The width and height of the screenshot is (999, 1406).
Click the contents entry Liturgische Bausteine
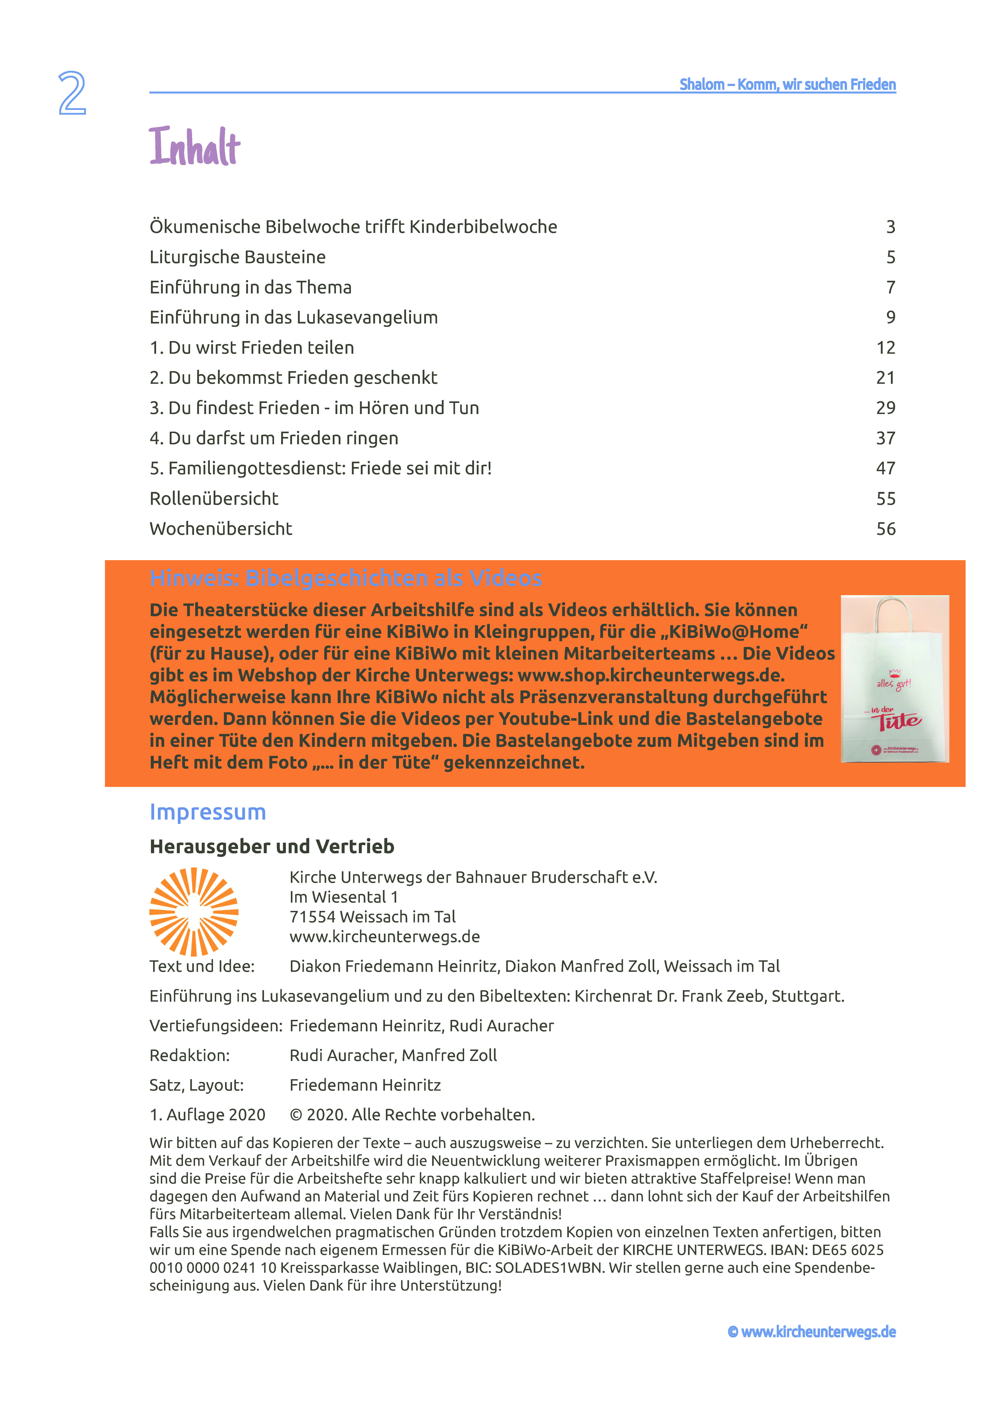pos(237,257)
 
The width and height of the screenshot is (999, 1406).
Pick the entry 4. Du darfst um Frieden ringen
pos(274,438)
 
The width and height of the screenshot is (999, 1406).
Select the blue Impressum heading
pos(207,812)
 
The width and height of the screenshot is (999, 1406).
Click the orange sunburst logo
pos(194,912)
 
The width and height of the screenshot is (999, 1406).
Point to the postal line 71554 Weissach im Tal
pos(372,917)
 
